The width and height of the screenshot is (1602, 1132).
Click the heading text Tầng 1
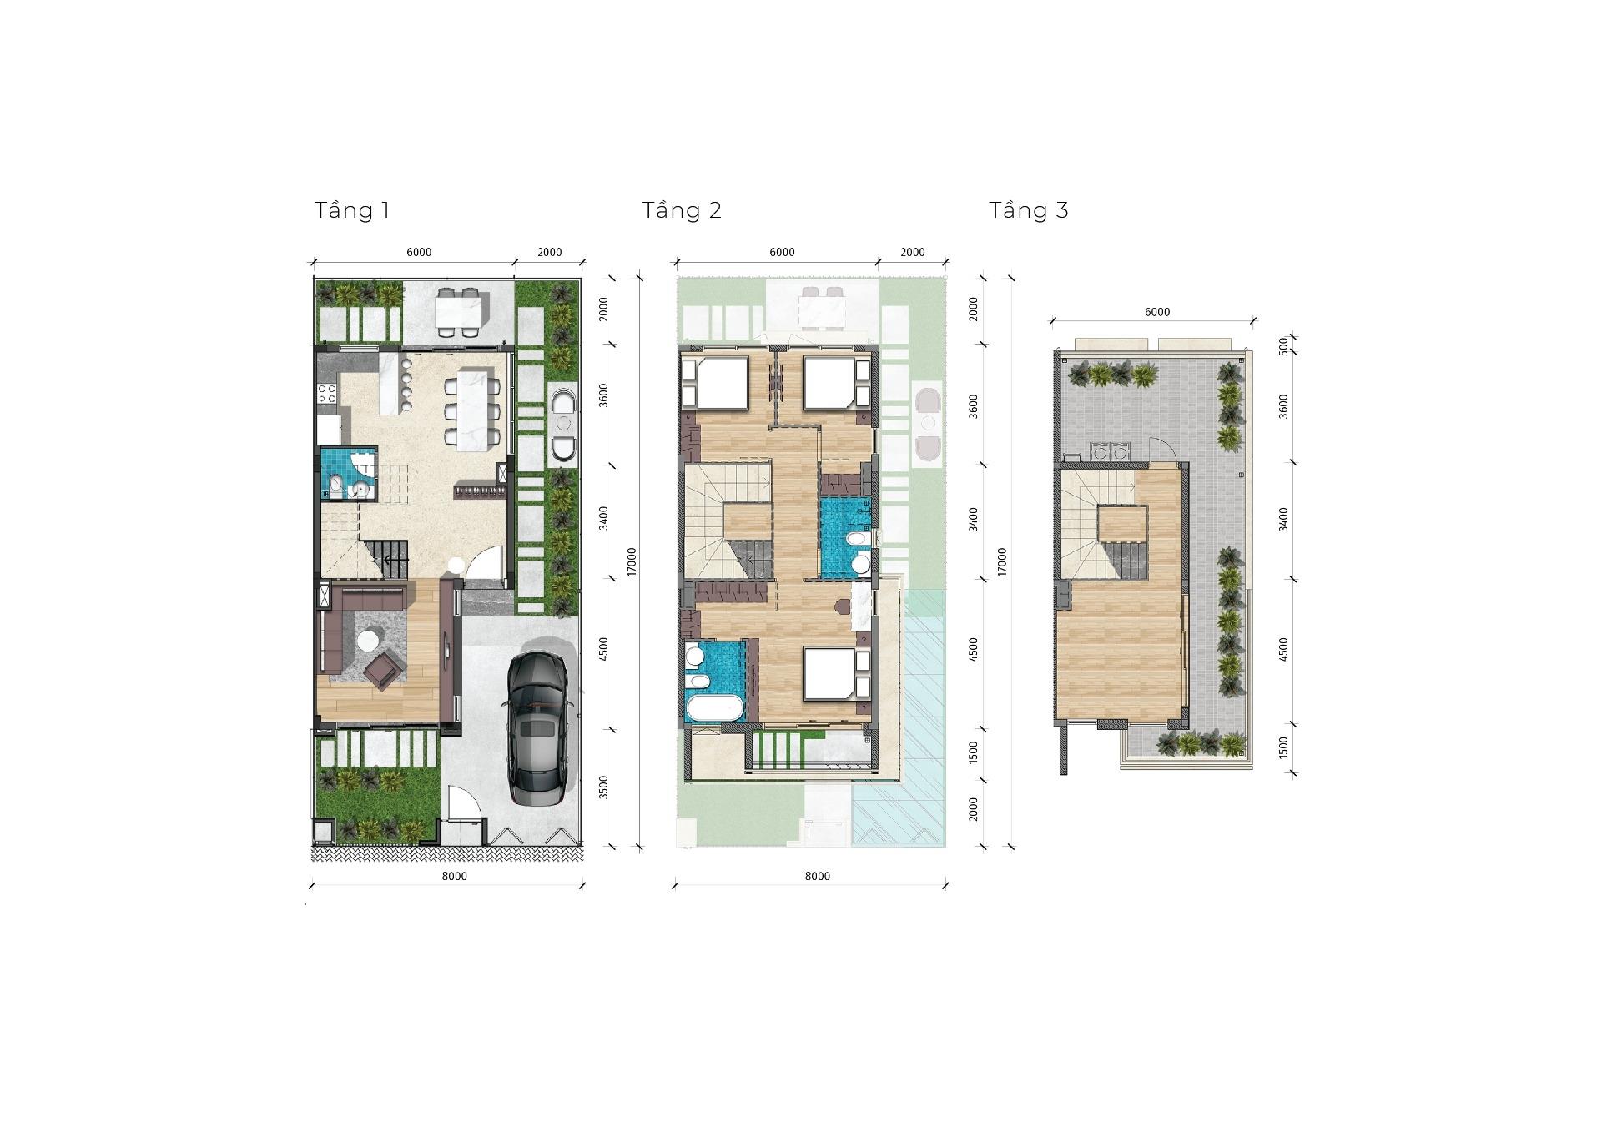[352, 210]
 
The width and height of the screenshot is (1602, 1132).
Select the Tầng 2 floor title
[682, 210]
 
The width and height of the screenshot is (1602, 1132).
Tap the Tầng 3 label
[1029, 210]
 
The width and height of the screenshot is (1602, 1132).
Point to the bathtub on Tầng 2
[714, 708]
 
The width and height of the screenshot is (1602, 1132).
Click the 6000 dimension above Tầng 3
[1157, 312]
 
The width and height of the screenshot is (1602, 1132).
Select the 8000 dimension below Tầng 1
[454, 876]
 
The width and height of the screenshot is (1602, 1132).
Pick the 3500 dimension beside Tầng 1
[604, 787]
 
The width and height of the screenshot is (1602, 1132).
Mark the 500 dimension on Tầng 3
[1283, 346]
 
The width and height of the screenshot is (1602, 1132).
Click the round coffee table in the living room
[368, 641]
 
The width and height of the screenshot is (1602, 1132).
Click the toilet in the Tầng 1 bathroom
[334, 485]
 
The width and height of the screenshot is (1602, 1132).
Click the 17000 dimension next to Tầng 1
[632, 561]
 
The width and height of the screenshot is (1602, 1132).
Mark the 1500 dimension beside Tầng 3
[1283, 747]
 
